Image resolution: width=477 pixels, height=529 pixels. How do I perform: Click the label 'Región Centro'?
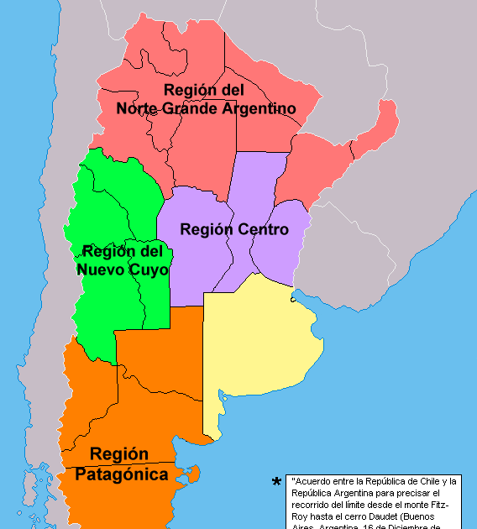[x=234, y=229]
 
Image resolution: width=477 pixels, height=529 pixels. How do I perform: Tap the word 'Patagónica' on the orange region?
[x=121, y=474]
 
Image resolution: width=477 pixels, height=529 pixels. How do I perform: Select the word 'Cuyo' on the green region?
[x=148, y=270]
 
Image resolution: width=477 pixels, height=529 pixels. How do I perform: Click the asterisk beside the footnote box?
[x=276, y=483]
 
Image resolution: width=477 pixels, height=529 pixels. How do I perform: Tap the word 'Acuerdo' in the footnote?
[x=309, y=481]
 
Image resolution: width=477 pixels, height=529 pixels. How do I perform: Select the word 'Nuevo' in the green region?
[x=100, y=270]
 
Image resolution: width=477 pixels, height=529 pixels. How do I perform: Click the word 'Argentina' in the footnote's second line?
[x=343, y=493]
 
